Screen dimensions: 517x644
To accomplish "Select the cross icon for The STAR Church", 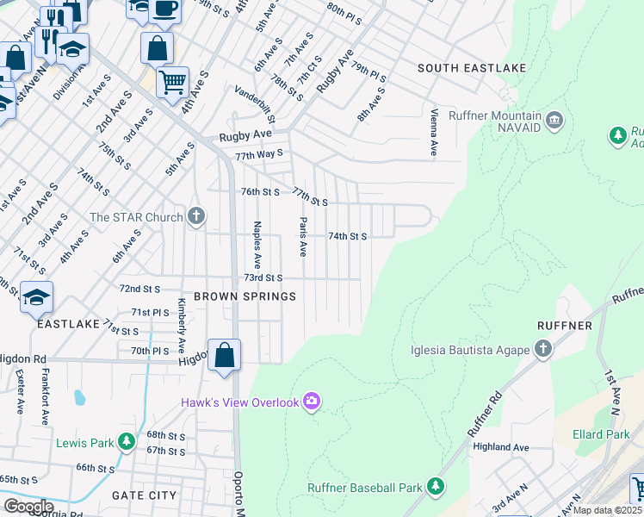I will (x=196, y=215).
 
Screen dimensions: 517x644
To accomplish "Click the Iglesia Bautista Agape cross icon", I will (x=542, y=350).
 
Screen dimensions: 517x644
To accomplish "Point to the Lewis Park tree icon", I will (x=127, y=442).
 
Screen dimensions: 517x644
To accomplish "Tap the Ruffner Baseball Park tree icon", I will (x=435, y=487).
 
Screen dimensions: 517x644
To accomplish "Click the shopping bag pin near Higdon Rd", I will (x=224, y=354).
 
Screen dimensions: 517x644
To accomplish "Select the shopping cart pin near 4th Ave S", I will (x=173, y=82).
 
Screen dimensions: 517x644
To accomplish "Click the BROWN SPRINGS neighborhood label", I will (x=245, y=296).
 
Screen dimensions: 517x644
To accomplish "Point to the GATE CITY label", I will (x=144, y=495).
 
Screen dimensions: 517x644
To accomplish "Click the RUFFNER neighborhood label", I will (x=564, y=326).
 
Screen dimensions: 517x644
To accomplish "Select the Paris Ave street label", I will (x=302, y=237).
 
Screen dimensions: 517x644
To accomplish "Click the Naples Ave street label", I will (x=256, y=245).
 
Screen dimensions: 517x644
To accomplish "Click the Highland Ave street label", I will (x=500, y=447).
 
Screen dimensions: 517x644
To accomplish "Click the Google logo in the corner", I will (x=28, y=506).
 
